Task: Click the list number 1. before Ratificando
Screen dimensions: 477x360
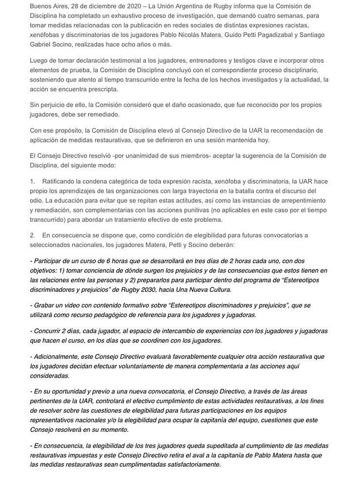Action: (32, 181)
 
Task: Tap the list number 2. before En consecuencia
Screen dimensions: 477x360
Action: (32, 235)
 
